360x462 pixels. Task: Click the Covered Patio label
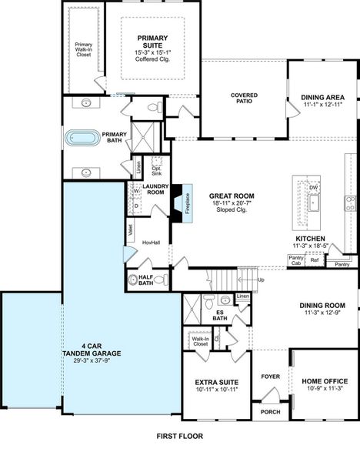click(244, 99)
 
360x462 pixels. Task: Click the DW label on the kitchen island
click(313, 187)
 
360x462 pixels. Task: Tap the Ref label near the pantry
click(315, 260)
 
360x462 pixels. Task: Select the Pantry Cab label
click(295, 261)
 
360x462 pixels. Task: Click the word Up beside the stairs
click(260, 280)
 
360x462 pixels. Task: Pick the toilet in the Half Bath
click(133, 280)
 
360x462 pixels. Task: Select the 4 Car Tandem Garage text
click(90, 354)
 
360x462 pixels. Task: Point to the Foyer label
click(271, 377)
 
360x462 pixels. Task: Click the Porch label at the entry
click(271, 411)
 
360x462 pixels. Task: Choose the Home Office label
click(322, 380)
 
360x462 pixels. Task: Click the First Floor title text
click(179, 435)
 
